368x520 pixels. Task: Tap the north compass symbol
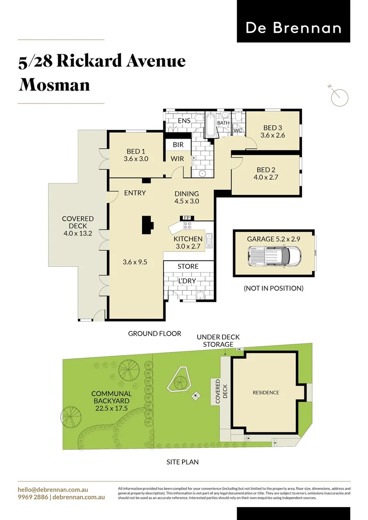point(340,97)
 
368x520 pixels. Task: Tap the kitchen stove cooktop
point(187,224)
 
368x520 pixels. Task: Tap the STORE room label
point(188,266)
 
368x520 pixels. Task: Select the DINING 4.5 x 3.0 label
point(187,197)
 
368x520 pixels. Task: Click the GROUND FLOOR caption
point(154,333)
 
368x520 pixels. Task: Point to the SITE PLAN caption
point(183,462)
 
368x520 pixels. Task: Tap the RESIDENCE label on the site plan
point(266,392)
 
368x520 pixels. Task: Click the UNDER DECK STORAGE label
point(218,341)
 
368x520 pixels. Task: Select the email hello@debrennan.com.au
point(53,490)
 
